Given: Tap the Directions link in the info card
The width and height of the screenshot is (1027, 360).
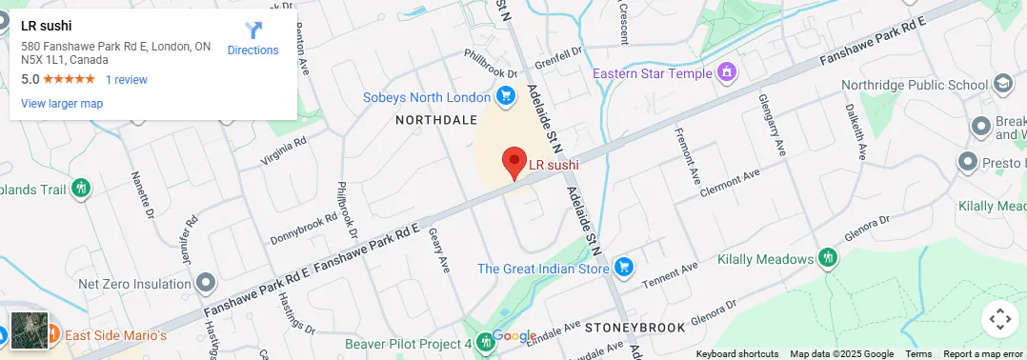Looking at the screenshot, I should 252,39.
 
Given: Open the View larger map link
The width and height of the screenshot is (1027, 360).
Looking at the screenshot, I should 62,104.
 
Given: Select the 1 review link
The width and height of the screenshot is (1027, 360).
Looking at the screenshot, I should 127,80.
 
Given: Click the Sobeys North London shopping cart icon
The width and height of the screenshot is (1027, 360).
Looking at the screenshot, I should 506,96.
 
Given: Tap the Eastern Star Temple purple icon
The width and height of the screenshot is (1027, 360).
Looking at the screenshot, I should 727,72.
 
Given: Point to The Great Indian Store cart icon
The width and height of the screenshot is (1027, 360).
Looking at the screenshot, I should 624,268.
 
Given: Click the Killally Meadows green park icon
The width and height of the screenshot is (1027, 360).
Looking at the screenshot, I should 828,258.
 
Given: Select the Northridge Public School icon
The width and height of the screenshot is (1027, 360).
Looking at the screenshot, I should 1003,85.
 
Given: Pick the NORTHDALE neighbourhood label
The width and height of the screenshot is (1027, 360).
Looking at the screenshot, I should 436,120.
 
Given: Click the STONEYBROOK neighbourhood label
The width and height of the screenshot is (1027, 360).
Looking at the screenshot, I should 635,328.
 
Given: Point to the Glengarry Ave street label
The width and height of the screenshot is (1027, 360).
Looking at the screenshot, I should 774,124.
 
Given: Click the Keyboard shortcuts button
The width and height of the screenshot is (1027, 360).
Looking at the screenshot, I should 736,354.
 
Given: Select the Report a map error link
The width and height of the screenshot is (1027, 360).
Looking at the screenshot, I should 984,354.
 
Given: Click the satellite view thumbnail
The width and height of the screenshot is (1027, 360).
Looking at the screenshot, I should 29,330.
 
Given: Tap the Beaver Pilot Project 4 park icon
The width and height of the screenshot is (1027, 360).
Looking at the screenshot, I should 486,342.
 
